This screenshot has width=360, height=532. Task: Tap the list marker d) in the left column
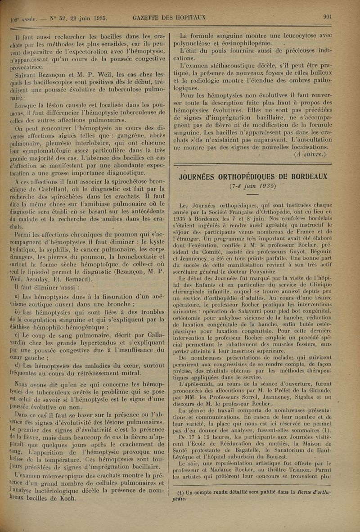[17, 352]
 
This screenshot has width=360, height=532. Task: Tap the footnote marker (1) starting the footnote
[183, 492]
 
